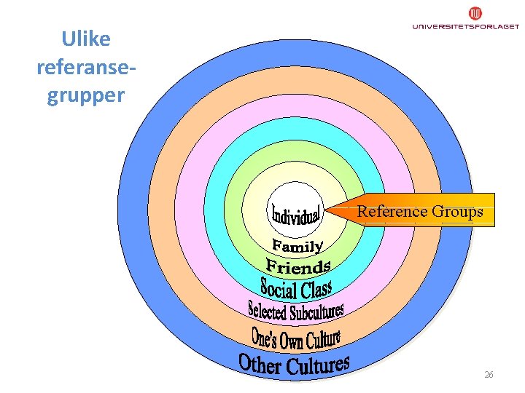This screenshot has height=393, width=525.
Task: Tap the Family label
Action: (297, 244)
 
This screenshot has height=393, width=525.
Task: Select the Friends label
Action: (298, 266)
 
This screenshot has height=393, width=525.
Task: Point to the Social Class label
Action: (296, 289)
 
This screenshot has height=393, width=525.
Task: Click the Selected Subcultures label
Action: (295, 311)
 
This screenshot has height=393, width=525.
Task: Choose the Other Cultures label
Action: (294, 363)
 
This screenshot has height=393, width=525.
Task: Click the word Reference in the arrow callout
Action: (392, 212)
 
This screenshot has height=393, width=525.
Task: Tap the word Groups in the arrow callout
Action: (457, 212)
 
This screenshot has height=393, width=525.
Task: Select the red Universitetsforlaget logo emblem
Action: (475, 13)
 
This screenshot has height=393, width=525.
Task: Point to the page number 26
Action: (489, 375)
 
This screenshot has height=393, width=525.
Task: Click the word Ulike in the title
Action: (86, 38)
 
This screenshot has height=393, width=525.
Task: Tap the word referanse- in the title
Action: (86, 67)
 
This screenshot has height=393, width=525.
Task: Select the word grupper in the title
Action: (86, 96)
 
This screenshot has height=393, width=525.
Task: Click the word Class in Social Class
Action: (316, 289)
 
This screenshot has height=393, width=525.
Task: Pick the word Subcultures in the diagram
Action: (316, 312)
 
